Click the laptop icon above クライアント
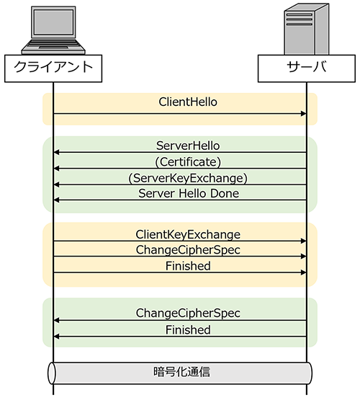coord(53,30)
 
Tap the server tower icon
coord(307,29)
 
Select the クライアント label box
coord(53,68)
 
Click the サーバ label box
coord(307,68)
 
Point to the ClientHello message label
coord(188,102)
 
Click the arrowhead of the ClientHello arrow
coord(303,114)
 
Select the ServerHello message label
coord(188,146)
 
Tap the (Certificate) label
coord(188,162)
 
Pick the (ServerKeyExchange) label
coord(188,178)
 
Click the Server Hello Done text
coord(189,193)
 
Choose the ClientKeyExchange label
coord(188,235)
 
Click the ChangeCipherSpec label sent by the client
coord(188,250)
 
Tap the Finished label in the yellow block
coord(188,266)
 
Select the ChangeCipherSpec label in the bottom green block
coord(188,314)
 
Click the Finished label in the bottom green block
coord(188,329)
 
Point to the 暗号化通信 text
coord(181,372)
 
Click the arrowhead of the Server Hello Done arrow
coord(57,200)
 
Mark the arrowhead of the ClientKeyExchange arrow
coord(303,241)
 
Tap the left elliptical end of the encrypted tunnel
coord(52,373)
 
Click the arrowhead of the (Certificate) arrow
coord(57,169)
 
